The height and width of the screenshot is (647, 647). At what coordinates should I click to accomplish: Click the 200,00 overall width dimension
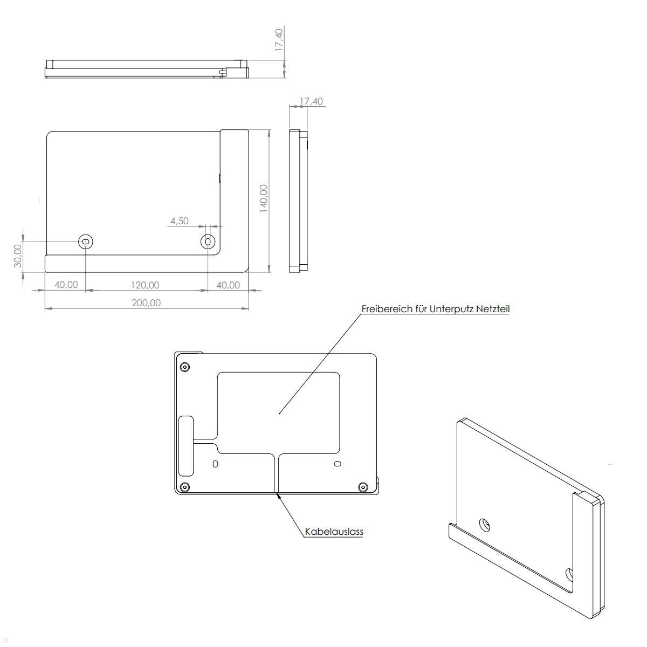(x=146, y=302)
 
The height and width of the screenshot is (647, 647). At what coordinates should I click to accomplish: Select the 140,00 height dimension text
(x=264, y=198)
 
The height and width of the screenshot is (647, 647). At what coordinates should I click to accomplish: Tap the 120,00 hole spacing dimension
(x=146, y=285)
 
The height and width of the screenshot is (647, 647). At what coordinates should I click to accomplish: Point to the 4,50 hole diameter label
(x=180, y=221)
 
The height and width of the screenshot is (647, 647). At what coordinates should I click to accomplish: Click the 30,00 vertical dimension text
(x=18, y=255)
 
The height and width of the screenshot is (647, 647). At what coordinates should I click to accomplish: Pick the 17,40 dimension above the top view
(x=279, y=40)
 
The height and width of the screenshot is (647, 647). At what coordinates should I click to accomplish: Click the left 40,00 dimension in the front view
(x=66, y=285)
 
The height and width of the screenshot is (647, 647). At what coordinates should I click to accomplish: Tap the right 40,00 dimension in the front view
(x=228, y=285)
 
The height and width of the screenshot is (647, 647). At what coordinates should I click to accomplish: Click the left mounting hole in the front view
(x=86, y=242)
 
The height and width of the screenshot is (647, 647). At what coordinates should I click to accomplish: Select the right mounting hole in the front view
(x=208, y=242)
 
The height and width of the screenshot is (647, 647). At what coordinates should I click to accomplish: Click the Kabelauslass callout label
(x=334, y=532)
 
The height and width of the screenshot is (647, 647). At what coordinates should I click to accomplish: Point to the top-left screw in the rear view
(x=185, y=367)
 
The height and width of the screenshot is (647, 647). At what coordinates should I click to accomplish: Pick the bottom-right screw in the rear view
(x=363, y=487)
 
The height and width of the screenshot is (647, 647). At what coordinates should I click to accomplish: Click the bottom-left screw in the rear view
(x=185, y=487)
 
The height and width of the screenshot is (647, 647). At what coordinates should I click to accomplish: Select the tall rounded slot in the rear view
(x=186, y=445)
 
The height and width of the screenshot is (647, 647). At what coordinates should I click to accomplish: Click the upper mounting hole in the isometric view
(x=485, y=525)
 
